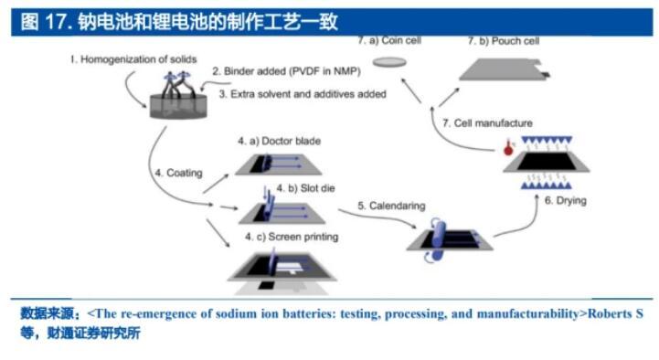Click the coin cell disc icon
pyautogui.click(x=389, y=63)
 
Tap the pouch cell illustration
pyautogui.click(x=505, y=69)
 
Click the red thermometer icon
pyautogui.click(x=508, y=147)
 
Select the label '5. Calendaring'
pyautogui.click(x=391, y=206)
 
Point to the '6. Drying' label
pyautogui.click(x=565, y=200)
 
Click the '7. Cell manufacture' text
pyautogui.click(x=487, y=123)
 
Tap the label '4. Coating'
pyautogui.click(x=178, y=173)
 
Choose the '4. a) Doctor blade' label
pyautogui.click(x=279, y=141)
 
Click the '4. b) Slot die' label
pyautogui.click(x=305, y=188)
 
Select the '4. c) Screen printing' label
pyautogui.click(x=292, y=237)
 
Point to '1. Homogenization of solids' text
pyautogui.click(x=133, y=59)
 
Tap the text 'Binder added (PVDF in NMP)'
pyautogui.click(x=292, y=71)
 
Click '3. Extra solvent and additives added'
pyautogui.click(x=303, y=94)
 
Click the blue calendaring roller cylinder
pyautogui.click(x=438, y=238)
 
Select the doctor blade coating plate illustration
pyautogui.click(x=278, y=164)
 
